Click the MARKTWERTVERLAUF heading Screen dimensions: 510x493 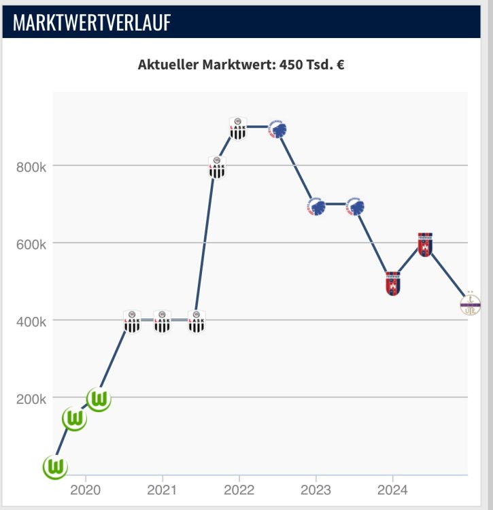coord(92,22)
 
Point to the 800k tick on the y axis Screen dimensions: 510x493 coord(31,166)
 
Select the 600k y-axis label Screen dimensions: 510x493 coord(31,243)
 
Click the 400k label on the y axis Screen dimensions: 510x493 coord(31,320)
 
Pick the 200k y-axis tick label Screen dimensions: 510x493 coord(31,398)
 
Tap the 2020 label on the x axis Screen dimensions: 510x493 coord(85,490)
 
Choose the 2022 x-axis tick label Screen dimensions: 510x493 coord(239,490)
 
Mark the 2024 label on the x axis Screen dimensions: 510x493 coord(392,490)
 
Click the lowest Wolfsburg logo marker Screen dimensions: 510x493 coord(55,467)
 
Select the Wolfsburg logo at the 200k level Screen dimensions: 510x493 coord(99,399)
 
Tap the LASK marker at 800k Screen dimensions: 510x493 coord(216,167)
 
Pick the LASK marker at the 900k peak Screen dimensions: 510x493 coord(237,128)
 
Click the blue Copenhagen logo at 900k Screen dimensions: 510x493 coord(279,129)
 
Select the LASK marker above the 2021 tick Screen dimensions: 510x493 coord(162,321)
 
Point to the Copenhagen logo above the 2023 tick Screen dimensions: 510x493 coord(316,206)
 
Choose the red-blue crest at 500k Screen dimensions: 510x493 coord(393,283)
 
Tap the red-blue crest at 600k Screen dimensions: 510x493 coord(425,244)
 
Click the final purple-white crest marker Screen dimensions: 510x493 coord(469,304)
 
